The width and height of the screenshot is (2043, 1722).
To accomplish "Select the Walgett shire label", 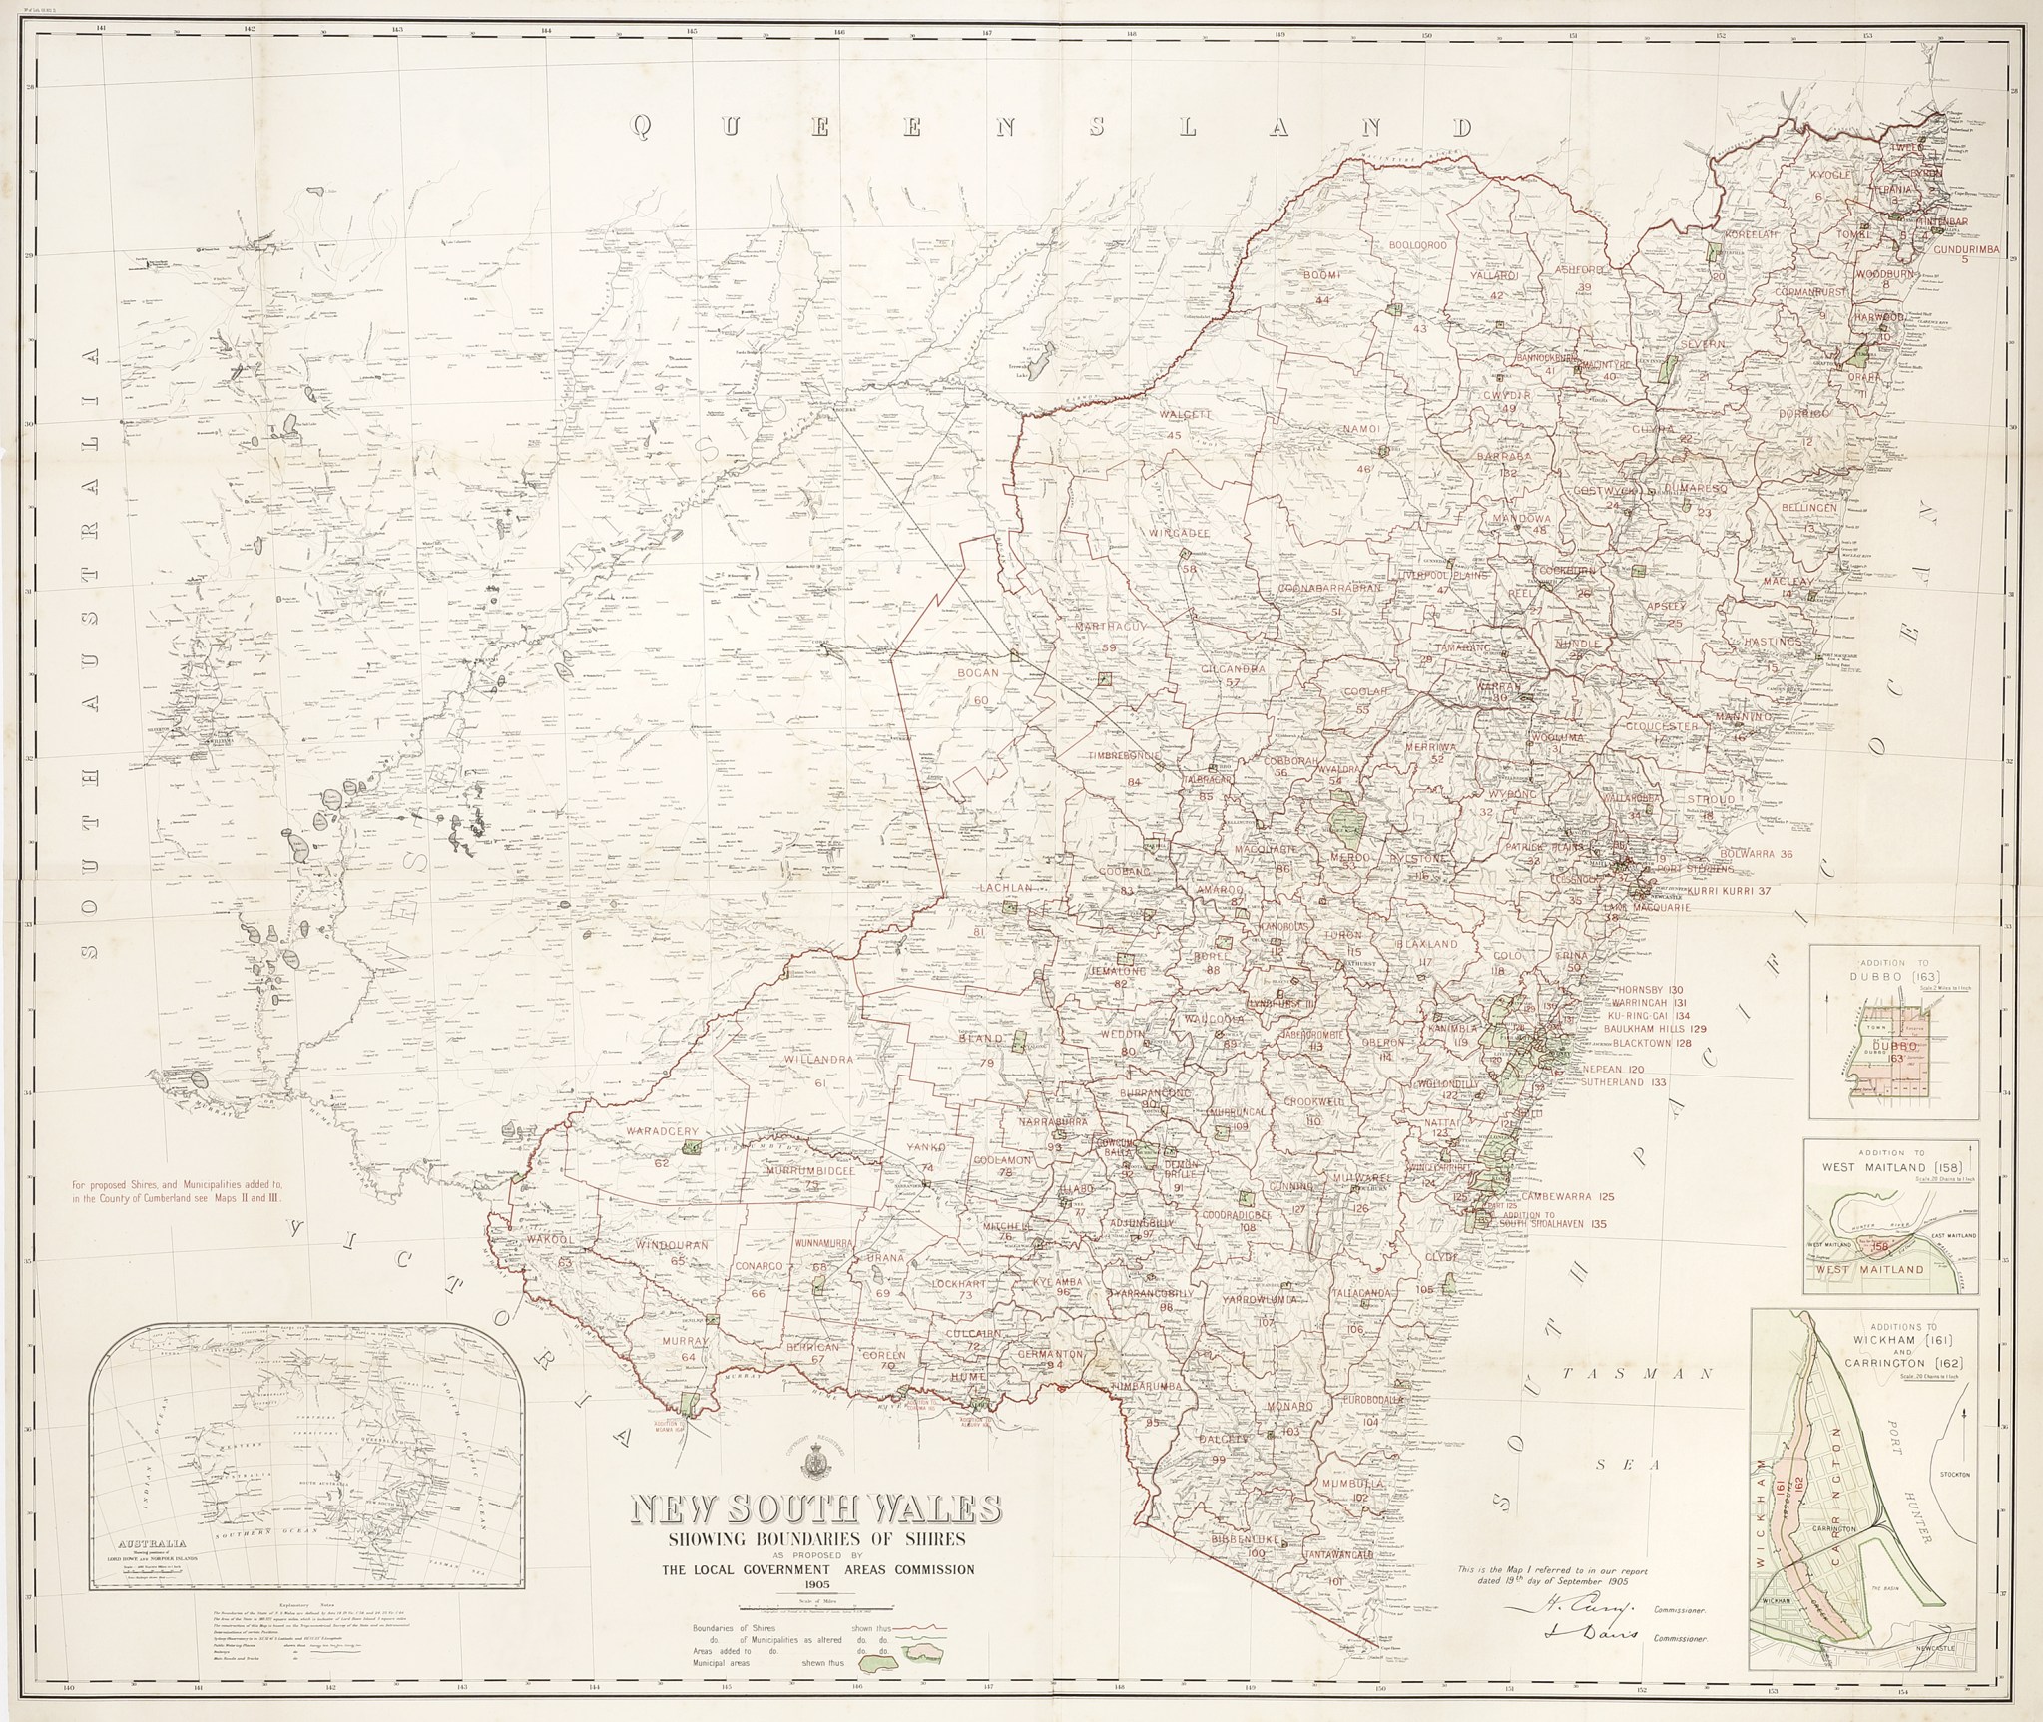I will point(1185,414).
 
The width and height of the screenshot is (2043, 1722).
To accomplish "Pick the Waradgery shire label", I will point(662,1132).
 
